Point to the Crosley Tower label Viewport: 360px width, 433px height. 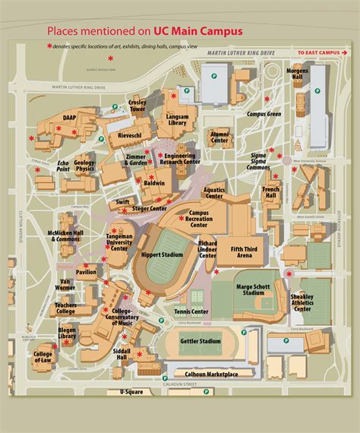pyautogui.click(x=137, y=106)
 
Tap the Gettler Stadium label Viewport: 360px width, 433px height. pyautogui.click(x=201, y=342)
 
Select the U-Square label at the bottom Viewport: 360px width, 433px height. pyautogui.click(x=131, y=392)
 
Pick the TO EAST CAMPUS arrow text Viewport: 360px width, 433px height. pyautogui.click(x=318, y=52)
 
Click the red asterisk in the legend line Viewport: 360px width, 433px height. pyautogui.click(x=49, y=47)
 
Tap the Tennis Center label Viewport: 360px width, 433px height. pyautogui.click(x=190, y=311)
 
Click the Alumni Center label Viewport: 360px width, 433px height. pyautogui.click(x=220, y=137)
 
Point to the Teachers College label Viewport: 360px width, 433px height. pyautogui.click(x=65, y=308)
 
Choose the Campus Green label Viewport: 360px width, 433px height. pyautogui.click(x=264, y=114)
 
